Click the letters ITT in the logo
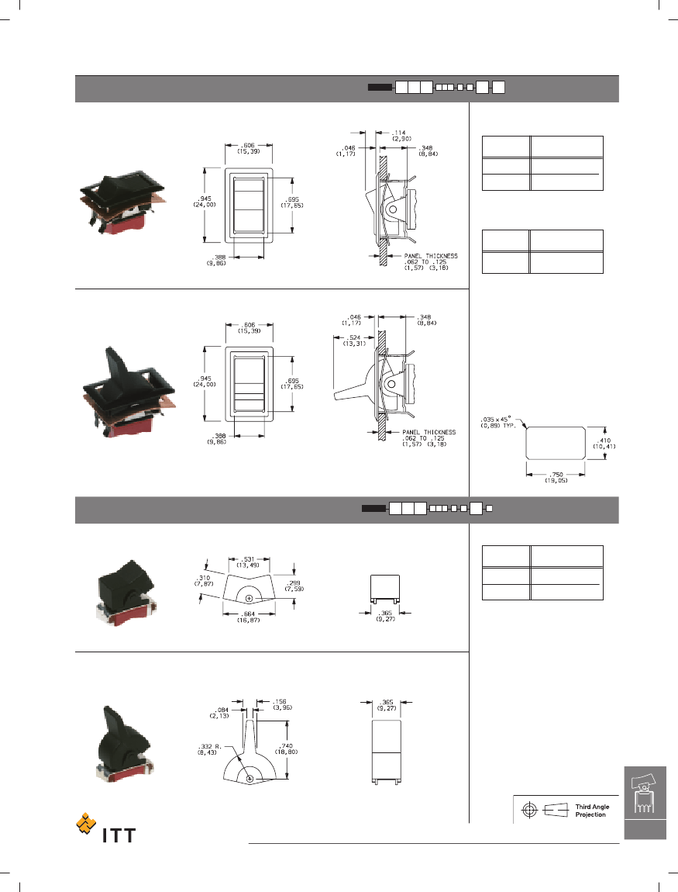coord(119,835)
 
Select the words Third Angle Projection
coord(593,811)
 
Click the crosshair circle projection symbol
coord(530,810)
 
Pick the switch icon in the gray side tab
coord(644,793)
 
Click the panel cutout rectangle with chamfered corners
coord(556,442)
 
